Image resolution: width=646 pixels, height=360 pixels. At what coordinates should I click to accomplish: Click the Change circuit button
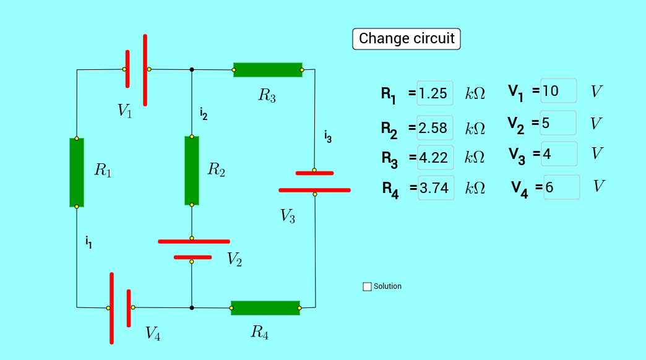(406, 39)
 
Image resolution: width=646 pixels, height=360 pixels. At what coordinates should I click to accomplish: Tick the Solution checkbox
(367, 286)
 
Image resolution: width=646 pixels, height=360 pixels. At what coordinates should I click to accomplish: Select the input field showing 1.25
(434, 93)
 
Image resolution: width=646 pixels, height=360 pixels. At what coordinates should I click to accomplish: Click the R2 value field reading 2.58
(434, 127)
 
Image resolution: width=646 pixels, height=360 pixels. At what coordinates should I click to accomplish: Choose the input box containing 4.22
(436, 157)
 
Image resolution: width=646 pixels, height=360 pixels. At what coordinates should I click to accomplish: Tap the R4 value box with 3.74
(436, 188)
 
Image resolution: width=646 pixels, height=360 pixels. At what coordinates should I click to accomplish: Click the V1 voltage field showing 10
(558, 90)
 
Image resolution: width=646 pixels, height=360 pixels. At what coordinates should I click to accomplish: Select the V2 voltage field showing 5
(558, 122)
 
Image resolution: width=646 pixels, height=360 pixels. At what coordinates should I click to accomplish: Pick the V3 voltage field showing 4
(559, 153)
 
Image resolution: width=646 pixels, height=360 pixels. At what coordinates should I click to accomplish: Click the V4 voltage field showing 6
(562, 187)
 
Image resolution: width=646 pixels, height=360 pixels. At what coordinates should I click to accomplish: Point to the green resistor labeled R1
(77, 173)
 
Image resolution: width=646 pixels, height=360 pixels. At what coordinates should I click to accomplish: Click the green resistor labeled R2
(192, 171)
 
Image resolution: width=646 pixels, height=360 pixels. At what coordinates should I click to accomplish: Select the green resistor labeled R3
(268, 70)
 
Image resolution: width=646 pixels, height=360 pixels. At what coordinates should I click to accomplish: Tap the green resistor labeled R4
(265, 308)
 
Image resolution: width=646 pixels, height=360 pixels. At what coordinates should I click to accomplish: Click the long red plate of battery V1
(145, 70)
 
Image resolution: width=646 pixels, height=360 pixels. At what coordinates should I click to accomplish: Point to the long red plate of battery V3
(314, 190)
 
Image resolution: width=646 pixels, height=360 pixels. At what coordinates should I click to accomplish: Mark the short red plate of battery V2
(192, 257)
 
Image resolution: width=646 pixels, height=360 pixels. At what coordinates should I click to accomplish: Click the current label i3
(328, 136)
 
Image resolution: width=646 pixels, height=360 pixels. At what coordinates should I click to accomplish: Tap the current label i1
(88, 242)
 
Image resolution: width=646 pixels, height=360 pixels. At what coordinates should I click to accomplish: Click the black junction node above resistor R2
(192, 70)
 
